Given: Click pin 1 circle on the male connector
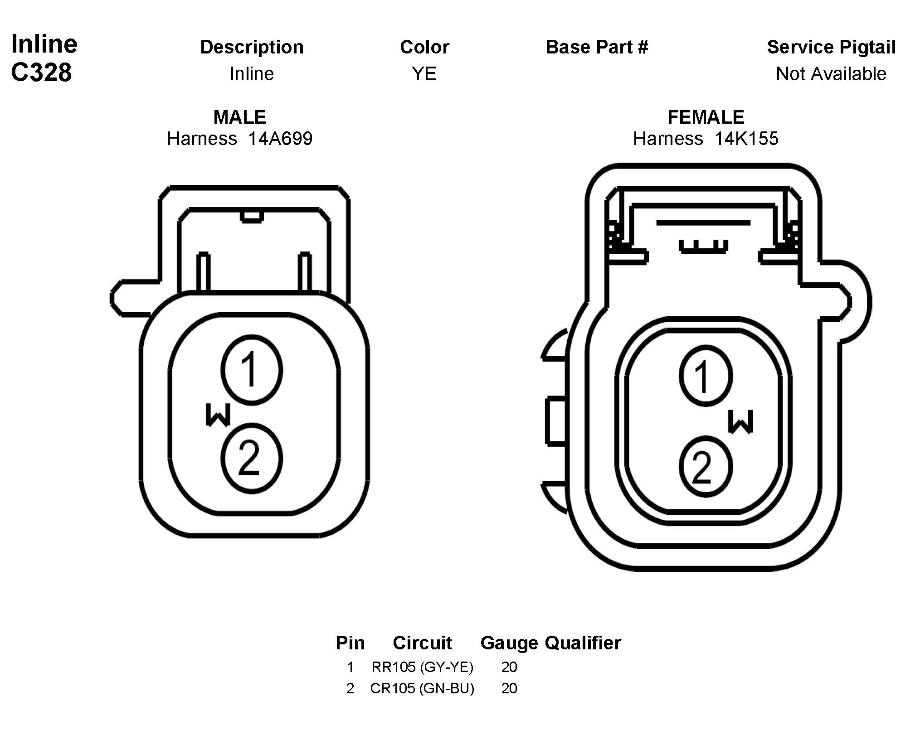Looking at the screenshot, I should click(x=252, y=370).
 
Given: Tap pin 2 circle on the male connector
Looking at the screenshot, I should click(x=252, y=458).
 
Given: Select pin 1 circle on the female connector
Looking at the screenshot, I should click(x=706, y=376).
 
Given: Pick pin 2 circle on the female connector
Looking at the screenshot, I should click(x=706, y=466).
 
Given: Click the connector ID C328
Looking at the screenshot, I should click(x=41, y=73).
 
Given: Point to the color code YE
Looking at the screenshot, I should click(x=424, y=74).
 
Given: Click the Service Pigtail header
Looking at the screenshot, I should click(x=831, y=47).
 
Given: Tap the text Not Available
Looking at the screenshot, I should click(x=831, y=74).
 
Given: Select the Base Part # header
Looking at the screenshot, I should click(x=597, y=47).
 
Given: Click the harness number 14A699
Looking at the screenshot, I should click(x=280, y=139).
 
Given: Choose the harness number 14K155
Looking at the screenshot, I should click(x=746, y=139).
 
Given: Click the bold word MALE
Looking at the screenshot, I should click(x=239, y=117).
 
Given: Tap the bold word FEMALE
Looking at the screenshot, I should click(x=706, y=117).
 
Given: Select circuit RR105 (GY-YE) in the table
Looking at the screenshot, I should click(x=422, y=667).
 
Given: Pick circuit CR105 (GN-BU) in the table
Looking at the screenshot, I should click(x=422, y=688).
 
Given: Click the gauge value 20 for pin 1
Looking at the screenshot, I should click(x=509, y=667).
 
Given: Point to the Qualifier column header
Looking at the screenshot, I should click(x=583, y=643).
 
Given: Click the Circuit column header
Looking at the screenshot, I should click(x=422, y=643).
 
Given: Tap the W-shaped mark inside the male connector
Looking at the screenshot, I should click(x=218, y=415).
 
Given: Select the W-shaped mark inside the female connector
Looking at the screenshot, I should click(x=740, y=421).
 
